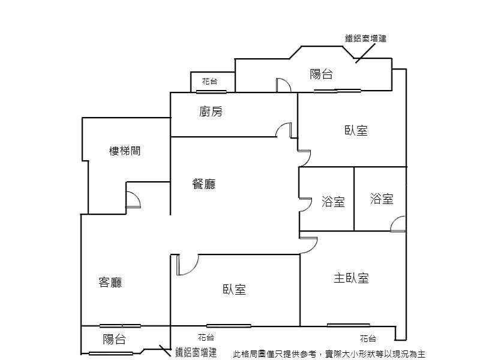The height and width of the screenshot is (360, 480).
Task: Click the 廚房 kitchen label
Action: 211,112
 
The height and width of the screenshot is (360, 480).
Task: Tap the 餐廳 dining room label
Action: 204,185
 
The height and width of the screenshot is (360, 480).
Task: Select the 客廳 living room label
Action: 110,282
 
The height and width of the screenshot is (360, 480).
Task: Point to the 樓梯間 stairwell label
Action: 125,151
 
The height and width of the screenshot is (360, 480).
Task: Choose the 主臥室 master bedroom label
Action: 351,278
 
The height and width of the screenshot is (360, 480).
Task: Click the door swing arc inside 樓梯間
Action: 133,199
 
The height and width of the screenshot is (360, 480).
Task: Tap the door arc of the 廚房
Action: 284,130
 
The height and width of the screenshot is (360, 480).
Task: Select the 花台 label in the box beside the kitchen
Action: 209,81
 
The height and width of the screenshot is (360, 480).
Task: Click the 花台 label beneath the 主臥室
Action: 368,338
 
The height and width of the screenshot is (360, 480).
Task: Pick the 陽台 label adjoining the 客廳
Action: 114,340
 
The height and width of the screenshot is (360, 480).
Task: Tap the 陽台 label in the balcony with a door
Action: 321,74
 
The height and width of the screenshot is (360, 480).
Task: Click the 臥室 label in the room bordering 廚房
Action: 356,130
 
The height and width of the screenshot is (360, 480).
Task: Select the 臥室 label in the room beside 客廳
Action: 234,290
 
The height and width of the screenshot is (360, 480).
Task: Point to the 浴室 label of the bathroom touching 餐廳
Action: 333,202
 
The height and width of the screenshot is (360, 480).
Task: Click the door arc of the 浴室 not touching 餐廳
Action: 398,224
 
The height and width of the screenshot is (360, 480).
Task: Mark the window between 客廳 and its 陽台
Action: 120,326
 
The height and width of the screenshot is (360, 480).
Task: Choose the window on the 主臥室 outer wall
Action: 349,325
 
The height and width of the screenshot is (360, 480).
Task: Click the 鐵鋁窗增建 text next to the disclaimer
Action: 196,352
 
